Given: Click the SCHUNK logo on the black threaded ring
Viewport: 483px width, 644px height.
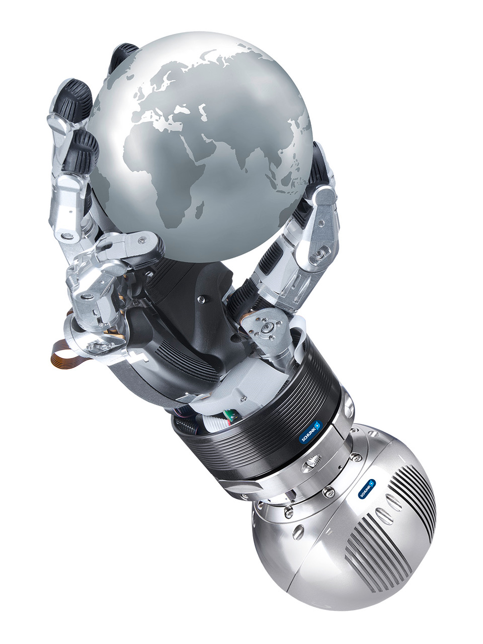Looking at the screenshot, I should coord(310,432).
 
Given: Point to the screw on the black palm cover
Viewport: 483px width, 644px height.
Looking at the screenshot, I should coord(201,300).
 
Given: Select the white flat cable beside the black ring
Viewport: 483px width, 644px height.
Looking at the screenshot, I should coord(299,332).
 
